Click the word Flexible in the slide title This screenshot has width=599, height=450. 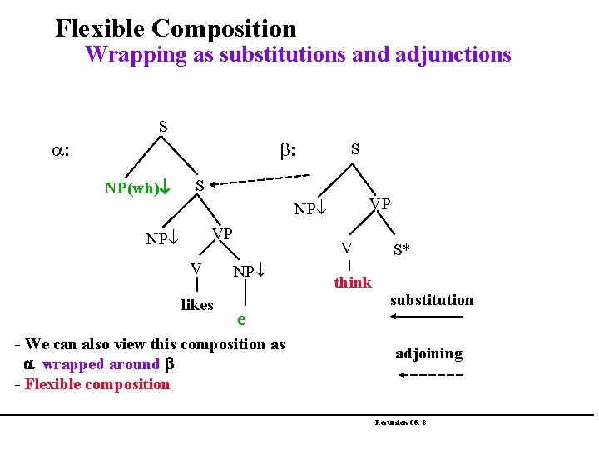pyautogui.click(x=101, y=29)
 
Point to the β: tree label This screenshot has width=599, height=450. pyautogui.click(x=290, y=152)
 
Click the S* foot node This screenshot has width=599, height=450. pyautogui.click(x=402, y=249)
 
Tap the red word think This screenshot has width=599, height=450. pyautogui.click(x=353, y=282)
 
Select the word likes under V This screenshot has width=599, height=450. pyautogui.click(x=197, y=305)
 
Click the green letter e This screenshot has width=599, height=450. pyautogui.click(x=240, y=319)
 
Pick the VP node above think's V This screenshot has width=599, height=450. pyautogui.click(x=381, y=203)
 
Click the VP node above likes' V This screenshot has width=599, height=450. pyautogui.click(x=222, y=233)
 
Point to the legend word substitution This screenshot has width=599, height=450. pyautogui.click(x=431, y=300)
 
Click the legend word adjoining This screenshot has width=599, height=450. pyautogui.click(x=428, y=353)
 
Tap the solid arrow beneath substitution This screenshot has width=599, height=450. pyautogui.click(x=429, y=317)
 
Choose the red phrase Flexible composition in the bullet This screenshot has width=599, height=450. pyautogui.click(x=97, y=384)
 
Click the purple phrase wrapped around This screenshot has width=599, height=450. pyautogui.click(x=101, y=364)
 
